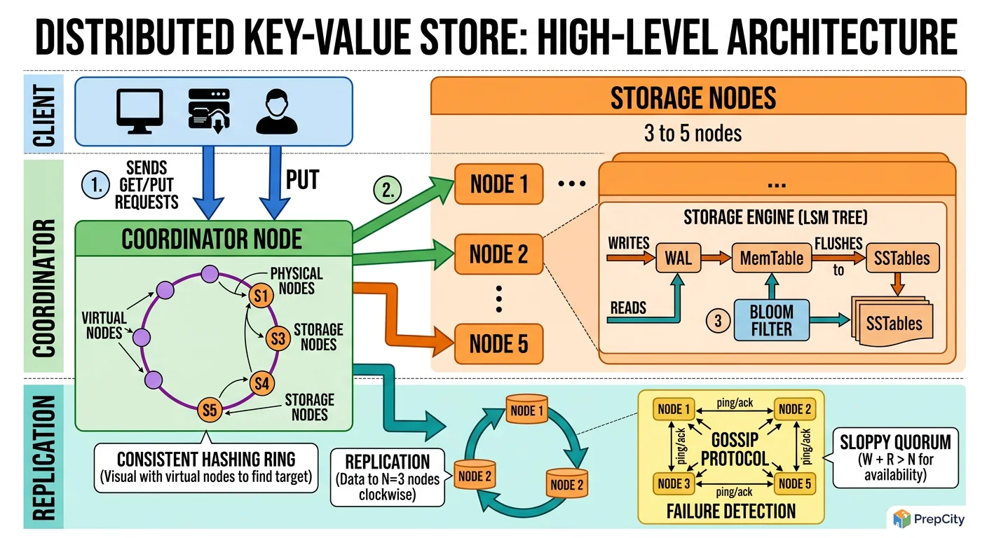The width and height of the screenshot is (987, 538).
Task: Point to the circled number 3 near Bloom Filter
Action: (x=717, y=321)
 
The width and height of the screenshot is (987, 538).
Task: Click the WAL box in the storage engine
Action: (x=677, y=258)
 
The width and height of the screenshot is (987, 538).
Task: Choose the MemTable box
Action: (x=771, y=258)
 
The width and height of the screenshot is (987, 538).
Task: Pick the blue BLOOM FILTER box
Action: (x=771, y=320)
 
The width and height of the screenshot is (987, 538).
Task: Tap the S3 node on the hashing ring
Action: (x=278, y=339)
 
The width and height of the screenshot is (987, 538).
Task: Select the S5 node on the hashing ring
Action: (x=209, y=409)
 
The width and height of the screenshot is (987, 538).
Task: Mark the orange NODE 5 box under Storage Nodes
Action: (x=498, y=344)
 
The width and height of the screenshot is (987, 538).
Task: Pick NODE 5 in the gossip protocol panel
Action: (x=795, y=483)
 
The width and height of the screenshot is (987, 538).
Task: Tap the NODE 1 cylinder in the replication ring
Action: (x=526, y=411)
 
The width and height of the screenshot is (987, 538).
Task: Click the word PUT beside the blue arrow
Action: (x=302, y=181)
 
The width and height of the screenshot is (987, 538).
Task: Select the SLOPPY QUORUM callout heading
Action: (x=895, y=442)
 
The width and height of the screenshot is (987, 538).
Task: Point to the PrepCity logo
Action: (x=925, y=518)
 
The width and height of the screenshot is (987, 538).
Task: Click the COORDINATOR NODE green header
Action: (x=212, y=239)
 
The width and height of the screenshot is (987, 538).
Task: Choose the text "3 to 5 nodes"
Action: (x=693, y=133)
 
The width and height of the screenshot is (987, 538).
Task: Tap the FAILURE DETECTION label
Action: (x=732, y=511)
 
